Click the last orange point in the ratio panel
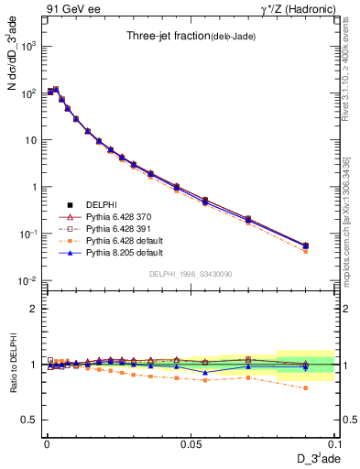coord(305,387)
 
